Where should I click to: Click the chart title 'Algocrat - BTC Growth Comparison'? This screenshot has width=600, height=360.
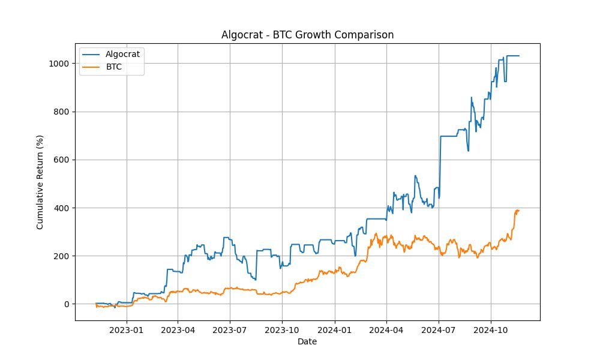click(307, 35)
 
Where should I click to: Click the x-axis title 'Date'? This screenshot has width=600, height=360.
click(307, 342)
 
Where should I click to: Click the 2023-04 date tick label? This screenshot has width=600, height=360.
click(178, 330)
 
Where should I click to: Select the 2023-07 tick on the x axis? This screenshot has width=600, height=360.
click(230, 330)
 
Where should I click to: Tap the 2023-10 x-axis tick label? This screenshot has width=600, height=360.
click(282, 330)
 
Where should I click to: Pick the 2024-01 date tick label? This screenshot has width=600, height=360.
click(334, 330)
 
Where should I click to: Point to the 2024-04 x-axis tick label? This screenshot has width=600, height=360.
click(386, 330)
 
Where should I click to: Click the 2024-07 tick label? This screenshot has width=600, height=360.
click(439, 330)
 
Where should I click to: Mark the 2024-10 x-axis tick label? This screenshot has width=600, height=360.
click(491, 330)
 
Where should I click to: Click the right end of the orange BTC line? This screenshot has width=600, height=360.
click(519, 211)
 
